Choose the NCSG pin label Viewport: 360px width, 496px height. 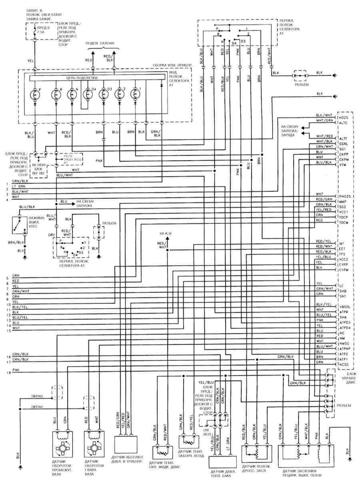tap(344, 364)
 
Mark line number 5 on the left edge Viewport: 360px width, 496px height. tap(8, 278)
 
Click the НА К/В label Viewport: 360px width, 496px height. tap(165, 233)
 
